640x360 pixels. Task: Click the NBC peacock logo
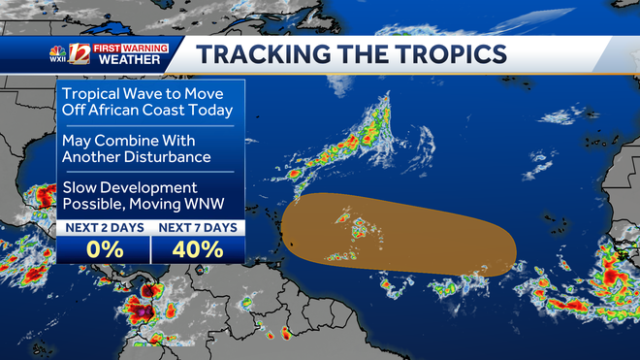tap(58, 49)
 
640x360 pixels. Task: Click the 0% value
tap(103, 248)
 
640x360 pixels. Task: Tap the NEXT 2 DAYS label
tap(103, 227)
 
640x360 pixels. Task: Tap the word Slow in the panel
tap(81, 186)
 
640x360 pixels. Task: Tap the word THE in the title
tap(346, 54)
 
